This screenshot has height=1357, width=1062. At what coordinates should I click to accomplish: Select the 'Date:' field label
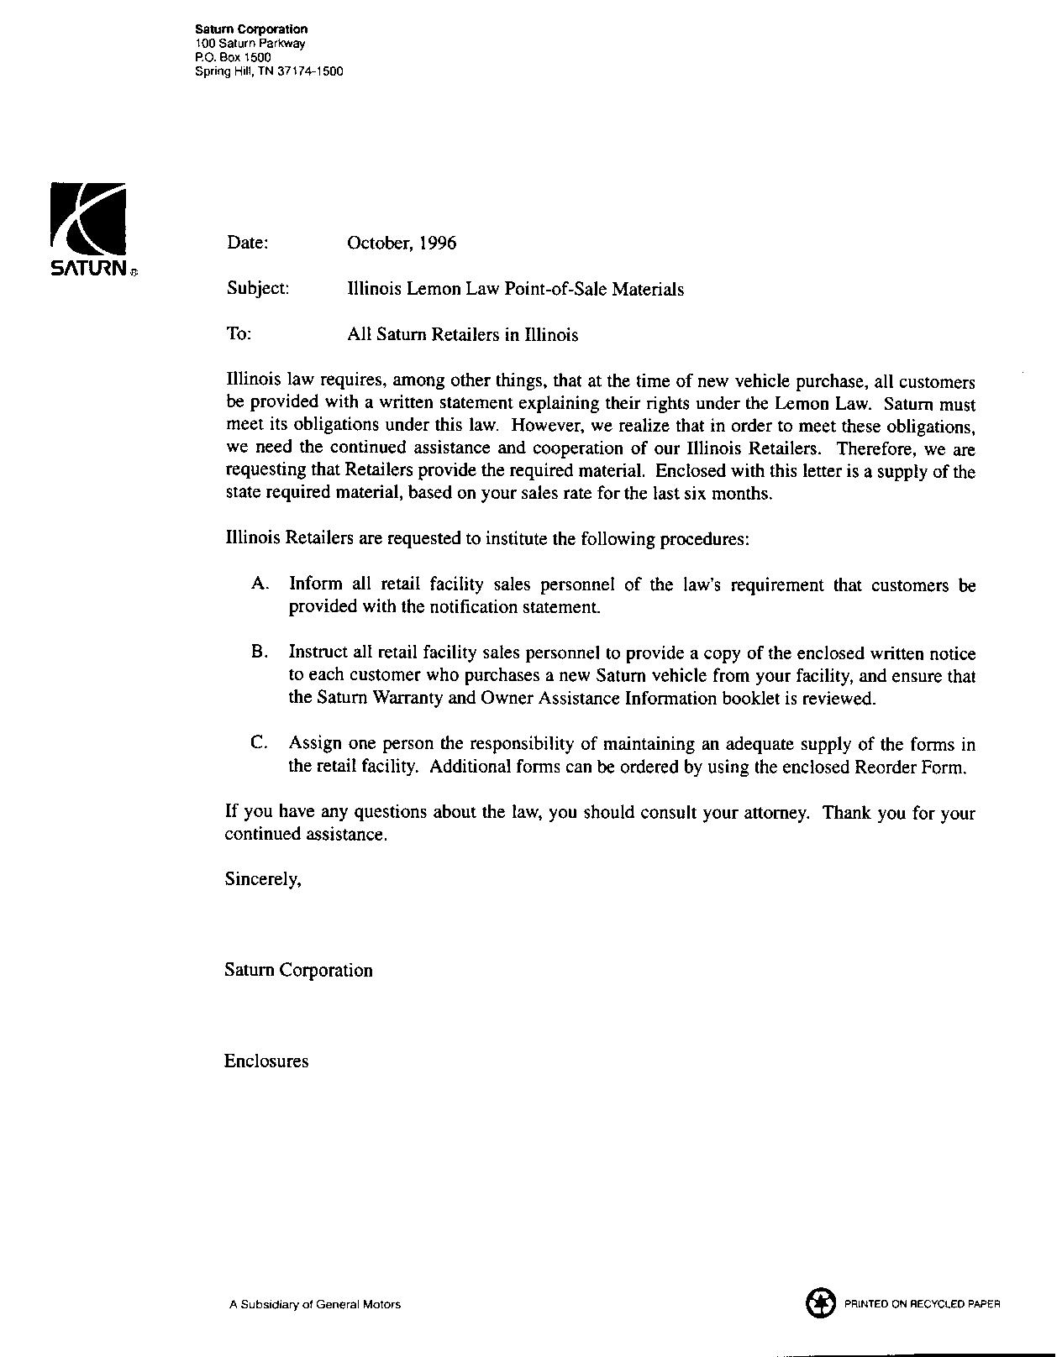click(x=247, y=244)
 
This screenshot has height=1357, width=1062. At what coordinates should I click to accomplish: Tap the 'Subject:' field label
click(x=258, y=289)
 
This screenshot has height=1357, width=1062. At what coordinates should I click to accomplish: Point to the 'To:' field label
click(x=239, y=334)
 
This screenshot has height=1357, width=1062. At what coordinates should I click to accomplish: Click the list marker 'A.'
click(x=260, y=584)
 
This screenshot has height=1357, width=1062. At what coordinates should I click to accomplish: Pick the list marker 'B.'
click(x=260, y=652)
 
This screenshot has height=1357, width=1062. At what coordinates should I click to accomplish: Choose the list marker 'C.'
click(x=260, y=743)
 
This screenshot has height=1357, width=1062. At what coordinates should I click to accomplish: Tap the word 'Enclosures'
click(x=266, y=1061)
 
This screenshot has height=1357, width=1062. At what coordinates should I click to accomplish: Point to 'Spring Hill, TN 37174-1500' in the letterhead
click(x=269, y=71)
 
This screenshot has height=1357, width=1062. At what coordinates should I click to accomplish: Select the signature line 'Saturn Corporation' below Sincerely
click(x=298, y=971)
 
